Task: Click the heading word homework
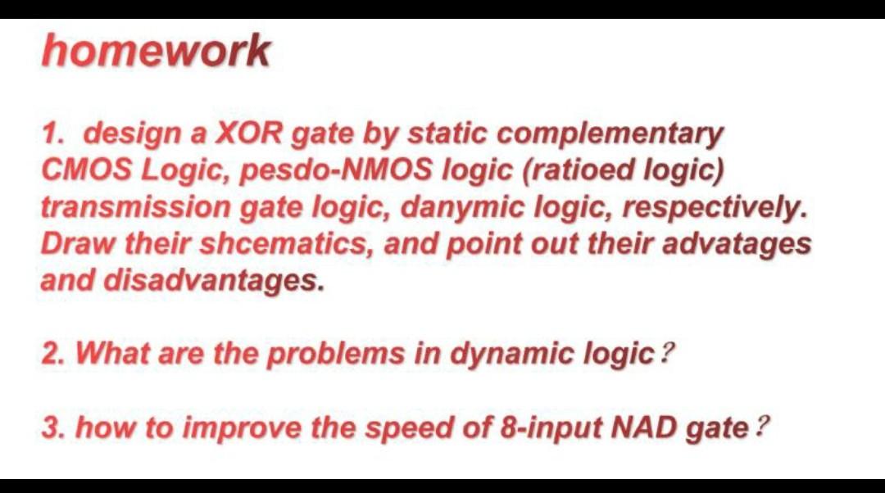pos(156,51)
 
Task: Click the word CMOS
pos(86,170)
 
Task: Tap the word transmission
pos(135,206)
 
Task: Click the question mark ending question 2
pos(667,355)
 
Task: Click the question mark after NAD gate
pos(762,427)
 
